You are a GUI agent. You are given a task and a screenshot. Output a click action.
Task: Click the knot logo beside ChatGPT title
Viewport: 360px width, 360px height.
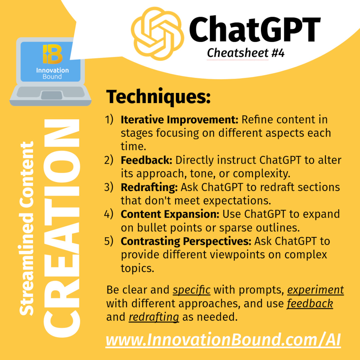point(157,34)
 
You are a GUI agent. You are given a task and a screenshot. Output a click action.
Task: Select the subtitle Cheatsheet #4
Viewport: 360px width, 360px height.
point(246,53)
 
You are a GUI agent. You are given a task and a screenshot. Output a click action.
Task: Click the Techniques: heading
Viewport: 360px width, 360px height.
point(158,97)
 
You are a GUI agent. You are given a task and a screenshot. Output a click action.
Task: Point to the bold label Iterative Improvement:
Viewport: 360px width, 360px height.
point(180,120)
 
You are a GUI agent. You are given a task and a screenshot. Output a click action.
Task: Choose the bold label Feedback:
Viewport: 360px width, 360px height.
point(146,160)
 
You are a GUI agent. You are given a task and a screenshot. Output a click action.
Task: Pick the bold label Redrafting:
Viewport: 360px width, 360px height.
point(149,187)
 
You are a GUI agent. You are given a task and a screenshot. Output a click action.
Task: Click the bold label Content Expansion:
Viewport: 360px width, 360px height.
point(170,214)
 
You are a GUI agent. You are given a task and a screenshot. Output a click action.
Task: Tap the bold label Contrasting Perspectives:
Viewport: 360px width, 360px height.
point(186,241)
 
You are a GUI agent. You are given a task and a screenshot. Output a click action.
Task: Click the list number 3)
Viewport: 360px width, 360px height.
point(109,187)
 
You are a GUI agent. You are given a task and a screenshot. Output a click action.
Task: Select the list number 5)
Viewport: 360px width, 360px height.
point(109,241)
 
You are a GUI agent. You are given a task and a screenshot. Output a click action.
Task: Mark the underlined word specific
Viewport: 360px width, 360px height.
point(191,290)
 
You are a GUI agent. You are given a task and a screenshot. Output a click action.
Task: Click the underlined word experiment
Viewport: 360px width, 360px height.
point(315,290)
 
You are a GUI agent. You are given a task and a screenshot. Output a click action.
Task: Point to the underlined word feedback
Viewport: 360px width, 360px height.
point(310,304)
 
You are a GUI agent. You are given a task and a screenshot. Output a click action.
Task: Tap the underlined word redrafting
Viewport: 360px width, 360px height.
point(154,317)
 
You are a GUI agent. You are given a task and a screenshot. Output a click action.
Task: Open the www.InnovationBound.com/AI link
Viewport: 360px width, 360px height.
point(223,340)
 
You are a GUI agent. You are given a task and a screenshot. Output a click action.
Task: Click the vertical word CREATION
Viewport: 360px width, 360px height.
point(62,228)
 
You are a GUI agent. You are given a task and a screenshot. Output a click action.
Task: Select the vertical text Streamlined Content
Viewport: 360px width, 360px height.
point(27,228)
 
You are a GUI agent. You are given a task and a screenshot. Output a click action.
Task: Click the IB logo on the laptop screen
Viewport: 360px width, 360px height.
point(53,54)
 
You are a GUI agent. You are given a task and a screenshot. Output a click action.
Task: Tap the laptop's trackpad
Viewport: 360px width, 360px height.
point(52,95)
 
